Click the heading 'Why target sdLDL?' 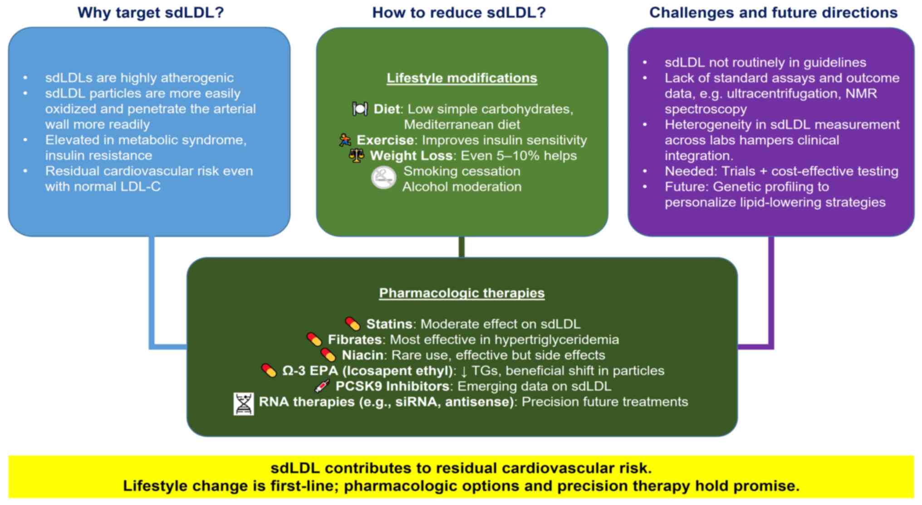151,12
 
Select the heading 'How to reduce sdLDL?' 459,12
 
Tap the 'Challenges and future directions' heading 773,12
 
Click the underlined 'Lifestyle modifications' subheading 461,78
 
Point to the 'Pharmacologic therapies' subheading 461,293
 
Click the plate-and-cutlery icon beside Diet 360,109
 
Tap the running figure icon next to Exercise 345,140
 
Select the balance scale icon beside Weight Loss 356,155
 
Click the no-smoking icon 383,178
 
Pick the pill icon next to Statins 353,324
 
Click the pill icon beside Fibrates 314,339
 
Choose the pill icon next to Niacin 328,354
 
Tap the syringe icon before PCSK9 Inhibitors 322,386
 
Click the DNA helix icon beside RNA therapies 244,404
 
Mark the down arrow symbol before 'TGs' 464,371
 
